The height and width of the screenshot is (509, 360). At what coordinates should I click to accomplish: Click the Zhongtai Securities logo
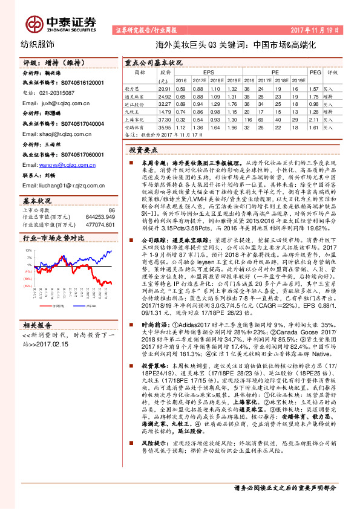tap(60, 22)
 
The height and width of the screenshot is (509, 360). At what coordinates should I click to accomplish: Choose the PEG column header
tap(315, 71)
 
